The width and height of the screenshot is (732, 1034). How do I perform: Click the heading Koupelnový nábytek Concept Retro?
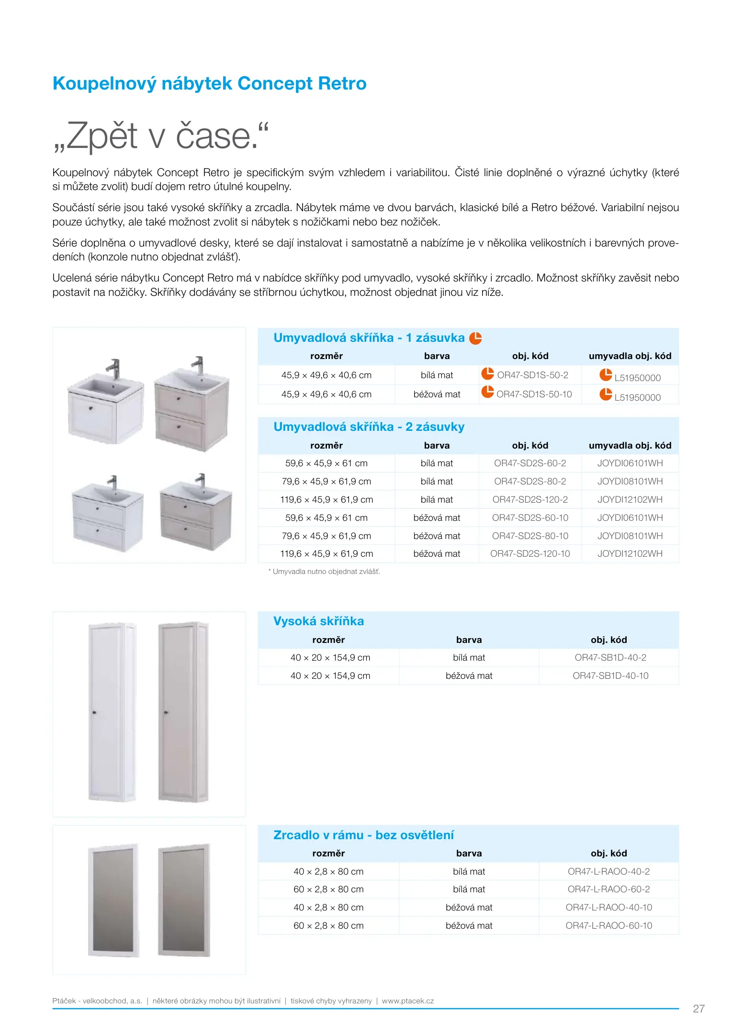tap(209, 84)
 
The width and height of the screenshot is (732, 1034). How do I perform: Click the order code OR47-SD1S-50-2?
tap(532, 375)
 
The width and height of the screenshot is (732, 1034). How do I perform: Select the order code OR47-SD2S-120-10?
tap(530, 554)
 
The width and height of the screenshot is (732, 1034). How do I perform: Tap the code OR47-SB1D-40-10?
tap(610, 676)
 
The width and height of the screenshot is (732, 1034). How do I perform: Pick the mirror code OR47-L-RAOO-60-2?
tap(608, 889)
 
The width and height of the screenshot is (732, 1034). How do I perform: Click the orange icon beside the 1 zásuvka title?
tap(475, 338)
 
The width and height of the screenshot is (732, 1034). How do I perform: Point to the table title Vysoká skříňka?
tap(318, 621)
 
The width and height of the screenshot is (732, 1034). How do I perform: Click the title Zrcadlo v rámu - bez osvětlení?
tap(363, 835)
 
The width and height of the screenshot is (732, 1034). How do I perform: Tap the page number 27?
tap(698, 1009)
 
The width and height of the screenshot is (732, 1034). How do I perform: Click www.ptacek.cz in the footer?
tap(407, 1001)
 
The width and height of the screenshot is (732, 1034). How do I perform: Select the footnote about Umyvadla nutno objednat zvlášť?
tap(324, 572)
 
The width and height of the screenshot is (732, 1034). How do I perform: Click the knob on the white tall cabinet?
tap(94, 713)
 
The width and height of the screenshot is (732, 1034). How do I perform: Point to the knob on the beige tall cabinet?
tap(166, 712)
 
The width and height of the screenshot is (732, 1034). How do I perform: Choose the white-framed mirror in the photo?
tap(113, 900)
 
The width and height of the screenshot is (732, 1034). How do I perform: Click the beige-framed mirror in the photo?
tap(184, 900)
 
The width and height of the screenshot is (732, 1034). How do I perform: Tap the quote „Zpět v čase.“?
tap(161, 136)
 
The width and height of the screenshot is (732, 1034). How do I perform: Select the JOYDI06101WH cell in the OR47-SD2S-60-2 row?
tap(630, 463)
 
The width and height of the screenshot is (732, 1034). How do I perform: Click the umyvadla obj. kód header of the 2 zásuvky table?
tap(630, 446)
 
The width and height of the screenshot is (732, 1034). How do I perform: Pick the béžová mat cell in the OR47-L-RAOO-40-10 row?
tap(469, 908)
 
